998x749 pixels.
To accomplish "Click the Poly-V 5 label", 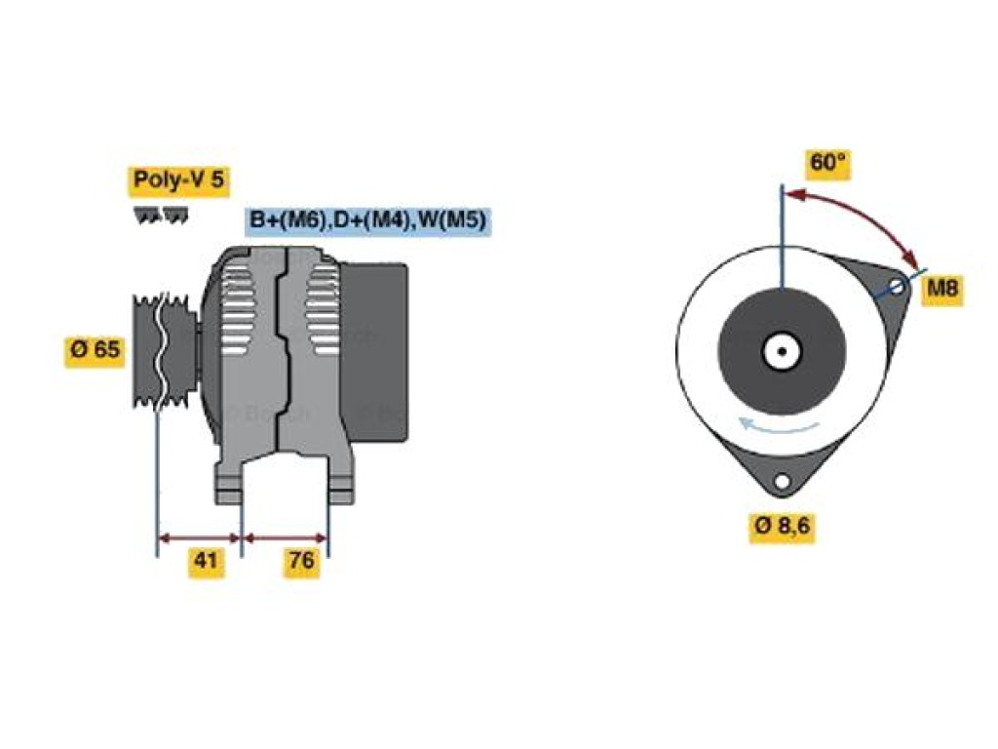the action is (x=179, y=180).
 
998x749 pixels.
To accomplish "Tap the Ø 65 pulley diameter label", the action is (x=95, y=350).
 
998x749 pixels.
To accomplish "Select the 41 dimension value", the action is (x=206, y=561).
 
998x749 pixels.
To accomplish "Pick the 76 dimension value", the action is (x=301, y=561).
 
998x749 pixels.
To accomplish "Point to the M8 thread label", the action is (x=942, y=289).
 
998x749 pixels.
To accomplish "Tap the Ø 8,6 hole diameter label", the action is (x=783, y=526).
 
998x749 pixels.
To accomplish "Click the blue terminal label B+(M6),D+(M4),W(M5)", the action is (x=367, y=220).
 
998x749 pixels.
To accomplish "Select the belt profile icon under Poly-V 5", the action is (x=161, y=216).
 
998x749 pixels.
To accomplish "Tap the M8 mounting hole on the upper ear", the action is (x=897, y=286).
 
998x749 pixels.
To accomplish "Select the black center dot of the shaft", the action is (x=783, y=351).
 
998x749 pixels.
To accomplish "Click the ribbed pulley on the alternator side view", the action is (x=164, y=350).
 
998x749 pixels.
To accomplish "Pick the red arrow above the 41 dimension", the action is (x=199, y=538).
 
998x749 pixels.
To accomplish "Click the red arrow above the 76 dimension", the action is (x=286, y=538).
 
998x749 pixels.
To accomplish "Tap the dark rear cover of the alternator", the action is (x=375, y=351).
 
